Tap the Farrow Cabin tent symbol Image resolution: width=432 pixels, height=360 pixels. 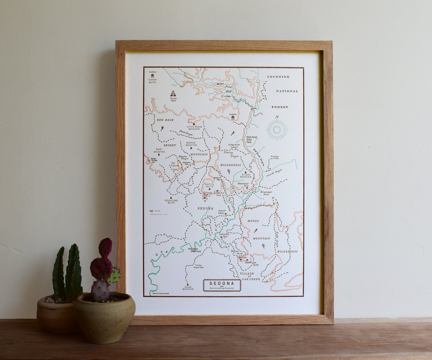click(173, 94)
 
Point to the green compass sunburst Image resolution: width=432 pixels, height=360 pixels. click(277, 130)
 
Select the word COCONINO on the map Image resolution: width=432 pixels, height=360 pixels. click(278, 77)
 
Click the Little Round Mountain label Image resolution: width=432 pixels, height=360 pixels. click(194, 128)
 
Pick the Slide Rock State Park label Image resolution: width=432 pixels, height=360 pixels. click(252, 139)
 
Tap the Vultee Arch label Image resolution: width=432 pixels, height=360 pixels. click(234, 145)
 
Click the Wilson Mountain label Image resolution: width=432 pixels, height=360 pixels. click(245, 176)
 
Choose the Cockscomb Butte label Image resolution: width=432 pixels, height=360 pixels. click(170, 201)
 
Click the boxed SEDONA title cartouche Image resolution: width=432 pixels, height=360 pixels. click(222, 285)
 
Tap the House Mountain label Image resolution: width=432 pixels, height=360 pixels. click(188, 288)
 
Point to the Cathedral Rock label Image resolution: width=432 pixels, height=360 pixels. click(223, 235)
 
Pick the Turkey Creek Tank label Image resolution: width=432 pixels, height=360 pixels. click(199, 266)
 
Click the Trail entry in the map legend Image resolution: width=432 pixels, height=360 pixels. click(155, 211)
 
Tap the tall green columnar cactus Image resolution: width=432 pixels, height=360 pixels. click(73, 271)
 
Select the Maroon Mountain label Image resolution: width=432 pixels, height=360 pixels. click(191, 144)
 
